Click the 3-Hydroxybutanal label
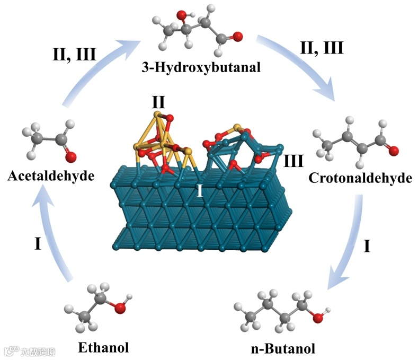[x=202, y=68]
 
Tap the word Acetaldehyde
[x=51, y=175]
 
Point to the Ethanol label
[x=103, y=347]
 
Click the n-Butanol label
[x=283, y=348]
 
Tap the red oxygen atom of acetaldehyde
[x=72, y=157]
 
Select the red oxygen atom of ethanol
[x=120, y=306]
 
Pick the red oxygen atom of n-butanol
[x=317, y=318]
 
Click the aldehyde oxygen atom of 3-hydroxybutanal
[x=237, y=37]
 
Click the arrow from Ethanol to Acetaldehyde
[x=53, y=233]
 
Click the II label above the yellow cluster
[x=158, y=100]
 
